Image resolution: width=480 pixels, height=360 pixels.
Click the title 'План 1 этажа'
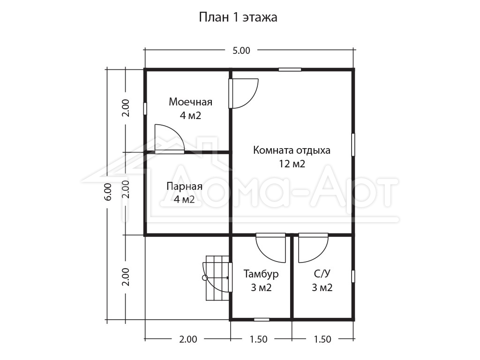click(x=238, y=17)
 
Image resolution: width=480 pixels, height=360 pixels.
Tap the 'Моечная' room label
click(x=190, y=102)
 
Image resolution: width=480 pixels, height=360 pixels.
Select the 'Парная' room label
click(x=184, y=186)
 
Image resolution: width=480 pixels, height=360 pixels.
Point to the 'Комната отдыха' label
click(x=292, y=150)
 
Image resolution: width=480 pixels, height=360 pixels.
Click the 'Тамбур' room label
click(x=261, y=273)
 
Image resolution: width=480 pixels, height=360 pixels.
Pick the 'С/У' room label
click(x=322, y=273)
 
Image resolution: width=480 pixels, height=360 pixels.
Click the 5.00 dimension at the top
click(x=241, y=51)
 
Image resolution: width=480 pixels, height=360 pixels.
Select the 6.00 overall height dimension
click(x=108, y=191)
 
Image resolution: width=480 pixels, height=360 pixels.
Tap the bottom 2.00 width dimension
click(x=188, y=339)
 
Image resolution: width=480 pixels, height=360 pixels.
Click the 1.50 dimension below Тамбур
click(x=258, y=339)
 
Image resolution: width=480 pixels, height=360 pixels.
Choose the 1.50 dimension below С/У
click(x=322, y=339)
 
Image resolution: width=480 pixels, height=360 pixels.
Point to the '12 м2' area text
click(x=292, y=164)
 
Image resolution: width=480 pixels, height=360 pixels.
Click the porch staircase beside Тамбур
click(x=217, y=278)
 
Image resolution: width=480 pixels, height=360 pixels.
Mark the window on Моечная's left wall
click(x=145, y=109)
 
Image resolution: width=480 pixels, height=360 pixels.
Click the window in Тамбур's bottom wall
click(x=262, y=320)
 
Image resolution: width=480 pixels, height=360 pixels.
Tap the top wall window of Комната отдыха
click(x=290, y=69)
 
